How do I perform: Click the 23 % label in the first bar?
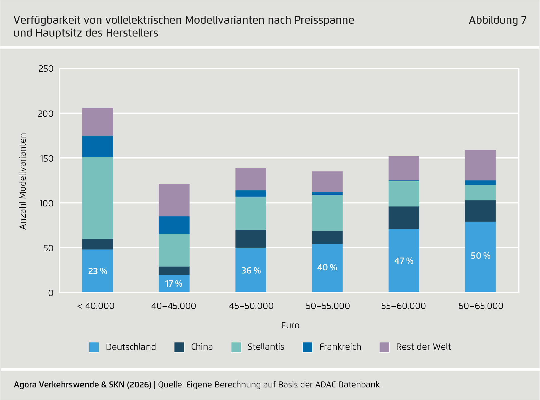coord(98,271)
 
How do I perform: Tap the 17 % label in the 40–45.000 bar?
coord(174,284)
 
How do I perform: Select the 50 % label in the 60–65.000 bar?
coord(480,256)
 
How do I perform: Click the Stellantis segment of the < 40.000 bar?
coord(98,198)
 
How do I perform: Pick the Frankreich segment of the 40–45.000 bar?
coord(174,225)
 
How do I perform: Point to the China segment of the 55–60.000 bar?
coord(404,218)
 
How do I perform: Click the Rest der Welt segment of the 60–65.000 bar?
coord(480,165)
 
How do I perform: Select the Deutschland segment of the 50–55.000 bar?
coord(327,268)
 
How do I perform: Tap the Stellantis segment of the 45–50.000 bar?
coord(251,213)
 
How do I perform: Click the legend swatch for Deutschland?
coord(94,347)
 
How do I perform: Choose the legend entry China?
coord(202,347)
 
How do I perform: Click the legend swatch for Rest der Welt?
coord(384,347)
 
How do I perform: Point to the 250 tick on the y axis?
coord(46,69)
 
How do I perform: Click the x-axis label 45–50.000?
coord(251,306)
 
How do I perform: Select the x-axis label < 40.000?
coord(96,306)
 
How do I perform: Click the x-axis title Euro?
coord(290,325)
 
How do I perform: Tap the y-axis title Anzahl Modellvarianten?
coord(23,181)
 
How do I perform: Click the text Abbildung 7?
coord(497,20)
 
